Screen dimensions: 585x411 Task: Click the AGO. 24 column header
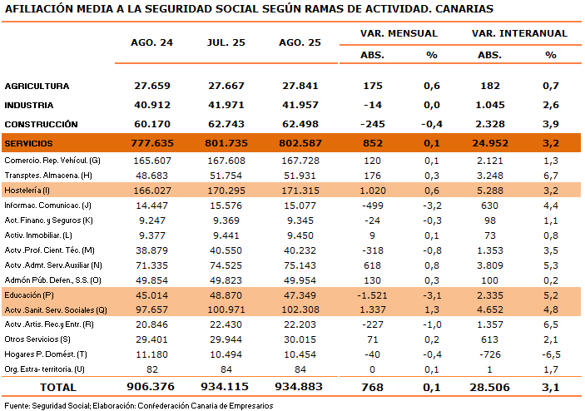tap(151, 42)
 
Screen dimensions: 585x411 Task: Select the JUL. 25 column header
tap(226, 42)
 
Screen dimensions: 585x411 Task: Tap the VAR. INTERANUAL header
tap(519, 33)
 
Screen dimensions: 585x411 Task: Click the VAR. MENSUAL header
tap(399, 33)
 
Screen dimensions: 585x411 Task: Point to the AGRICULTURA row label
tap(37, 87)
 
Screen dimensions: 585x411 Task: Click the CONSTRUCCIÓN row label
tap(41, 124)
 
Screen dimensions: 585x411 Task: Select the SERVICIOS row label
tap(29, 143)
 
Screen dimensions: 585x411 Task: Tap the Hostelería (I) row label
tap(27, 191)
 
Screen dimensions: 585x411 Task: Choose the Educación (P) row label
tap(29, 295)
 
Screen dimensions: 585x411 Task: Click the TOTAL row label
tap(58, 387)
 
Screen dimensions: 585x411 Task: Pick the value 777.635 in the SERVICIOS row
tap(152, 143)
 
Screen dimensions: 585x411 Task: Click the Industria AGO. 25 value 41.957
tap(300, 105)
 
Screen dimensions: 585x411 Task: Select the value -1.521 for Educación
tap(372, 295)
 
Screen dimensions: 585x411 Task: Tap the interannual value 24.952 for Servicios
tap(490, 143)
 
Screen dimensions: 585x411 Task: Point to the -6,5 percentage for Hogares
tap(551, 354)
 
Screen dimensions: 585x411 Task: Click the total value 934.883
tap(299, 387)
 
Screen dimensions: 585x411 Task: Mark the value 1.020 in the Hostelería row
tap(373, 191)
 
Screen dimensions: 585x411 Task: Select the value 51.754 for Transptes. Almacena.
tap(226, 176)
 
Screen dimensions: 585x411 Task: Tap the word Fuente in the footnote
tap(17, 405)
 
